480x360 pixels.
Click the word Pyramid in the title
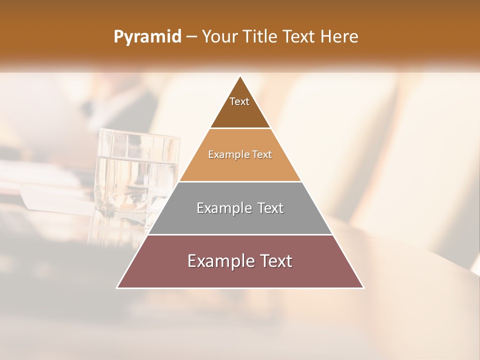tap(147, 37)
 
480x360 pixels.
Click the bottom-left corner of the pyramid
tap(118, 287)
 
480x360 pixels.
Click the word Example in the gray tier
tap(223, 208)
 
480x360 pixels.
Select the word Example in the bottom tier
tap(218, 261)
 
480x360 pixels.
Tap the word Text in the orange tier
tap(262, 155)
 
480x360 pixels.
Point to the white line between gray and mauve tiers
tap(240, 234)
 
